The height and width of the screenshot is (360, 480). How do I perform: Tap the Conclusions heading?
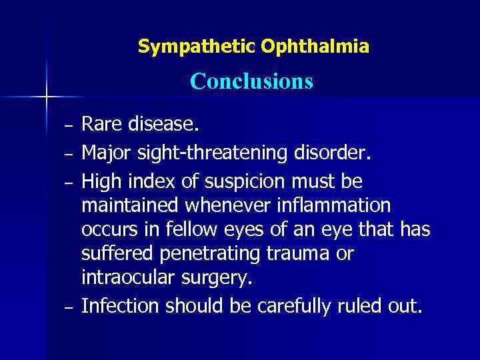click(x=251, y=81)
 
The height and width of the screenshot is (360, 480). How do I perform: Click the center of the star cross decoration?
click(x=47, y=97)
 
